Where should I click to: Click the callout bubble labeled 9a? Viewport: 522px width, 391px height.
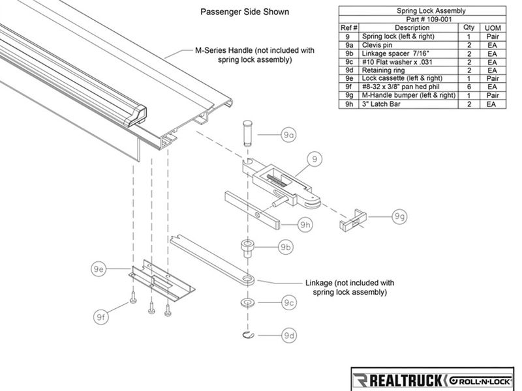288,134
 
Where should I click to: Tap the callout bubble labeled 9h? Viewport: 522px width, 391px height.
305,225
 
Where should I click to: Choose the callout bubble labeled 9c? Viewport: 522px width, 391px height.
290,303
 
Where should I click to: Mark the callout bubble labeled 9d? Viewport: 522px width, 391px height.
290,336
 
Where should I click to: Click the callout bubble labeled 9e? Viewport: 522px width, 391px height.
99,268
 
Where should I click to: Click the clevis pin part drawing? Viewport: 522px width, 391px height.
247,132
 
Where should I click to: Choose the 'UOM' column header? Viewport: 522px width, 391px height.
493,28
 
